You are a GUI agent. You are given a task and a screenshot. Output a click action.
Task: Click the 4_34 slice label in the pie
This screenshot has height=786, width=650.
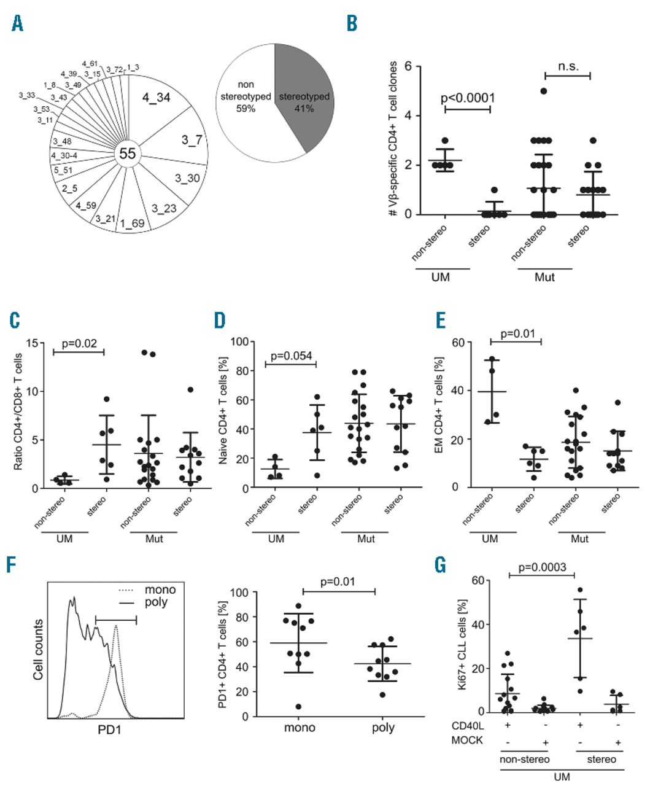click(x=157, y=97)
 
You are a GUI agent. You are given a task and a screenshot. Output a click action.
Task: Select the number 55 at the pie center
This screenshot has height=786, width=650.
click(x=128, y=154)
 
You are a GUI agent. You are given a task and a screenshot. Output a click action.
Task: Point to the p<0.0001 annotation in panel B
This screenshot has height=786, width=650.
click(x=468, y=98)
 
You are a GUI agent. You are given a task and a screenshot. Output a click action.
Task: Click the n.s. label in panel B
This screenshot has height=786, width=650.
click(x=568, y=66)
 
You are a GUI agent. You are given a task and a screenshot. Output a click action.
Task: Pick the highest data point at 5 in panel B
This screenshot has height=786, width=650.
click(x=543, y=91)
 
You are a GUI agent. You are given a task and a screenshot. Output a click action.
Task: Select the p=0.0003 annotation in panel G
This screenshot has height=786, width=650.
click(x=541, y=569)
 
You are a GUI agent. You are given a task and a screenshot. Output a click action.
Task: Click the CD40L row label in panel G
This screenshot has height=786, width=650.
click(x=470, y=726)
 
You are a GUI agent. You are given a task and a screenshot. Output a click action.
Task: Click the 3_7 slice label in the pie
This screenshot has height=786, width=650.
click(x=191, y=140)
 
